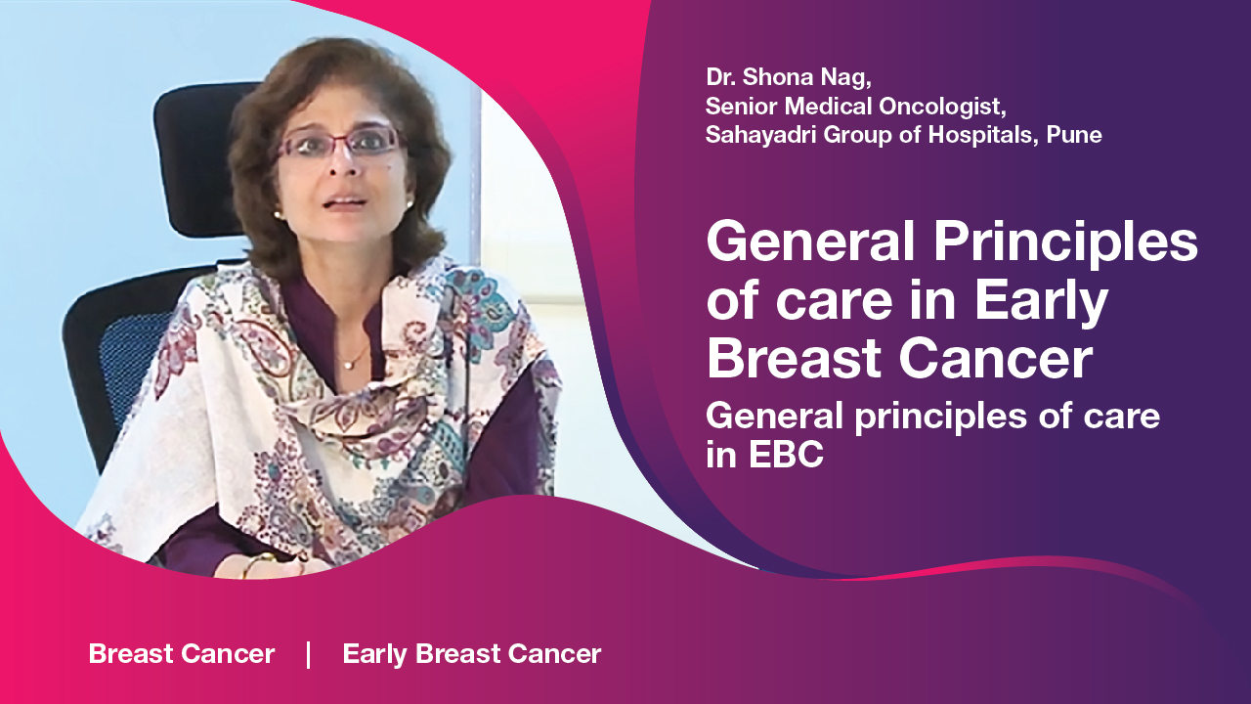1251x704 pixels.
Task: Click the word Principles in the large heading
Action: pos(1065,242)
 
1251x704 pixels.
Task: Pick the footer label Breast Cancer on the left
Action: pos(182,654)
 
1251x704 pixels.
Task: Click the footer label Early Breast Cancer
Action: pos(472,654)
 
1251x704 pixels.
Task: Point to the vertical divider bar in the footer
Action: pos(308,655)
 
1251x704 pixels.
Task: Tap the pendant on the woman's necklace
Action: pos(347,366)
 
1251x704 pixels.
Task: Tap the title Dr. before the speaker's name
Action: pos(720,77)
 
